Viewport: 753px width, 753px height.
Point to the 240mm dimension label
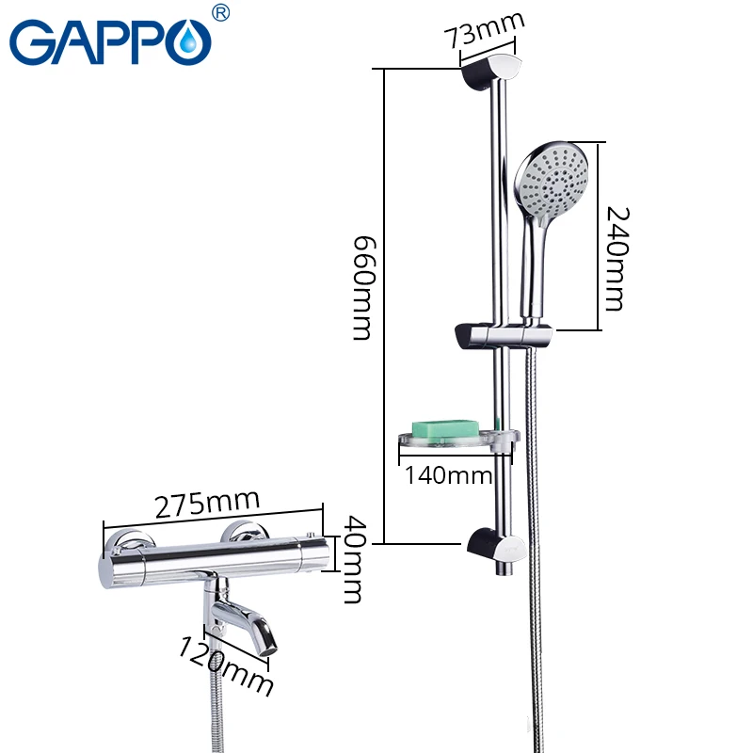[x=614, y=259]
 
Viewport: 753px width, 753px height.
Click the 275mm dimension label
[x=206, y=505]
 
